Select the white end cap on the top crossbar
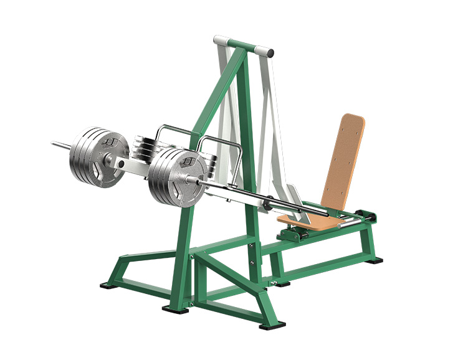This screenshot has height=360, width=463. (217, 40)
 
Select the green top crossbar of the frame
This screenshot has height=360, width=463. (246, 46)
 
